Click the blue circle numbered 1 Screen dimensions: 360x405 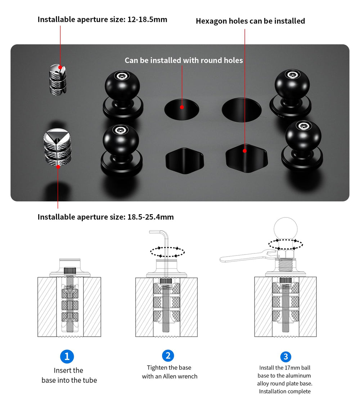point(67,356)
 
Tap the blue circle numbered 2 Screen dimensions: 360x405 point(168,356)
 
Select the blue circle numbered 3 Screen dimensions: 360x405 point(285,357)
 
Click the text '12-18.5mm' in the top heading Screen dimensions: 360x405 point(147,19)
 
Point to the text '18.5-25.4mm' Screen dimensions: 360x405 point(150,217)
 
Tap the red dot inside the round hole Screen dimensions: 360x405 point(182,107)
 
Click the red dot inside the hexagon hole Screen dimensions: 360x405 point(244,151)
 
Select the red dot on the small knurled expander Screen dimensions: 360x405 point(60,67)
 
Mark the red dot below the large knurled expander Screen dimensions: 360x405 point(58,167)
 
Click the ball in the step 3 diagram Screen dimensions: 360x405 point(285,229)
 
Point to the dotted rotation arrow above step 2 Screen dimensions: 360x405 point(167,252)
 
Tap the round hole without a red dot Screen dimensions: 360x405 point(242,110)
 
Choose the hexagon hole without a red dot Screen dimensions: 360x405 point(185,161)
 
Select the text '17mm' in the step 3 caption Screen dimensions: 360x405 point(292,368)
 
